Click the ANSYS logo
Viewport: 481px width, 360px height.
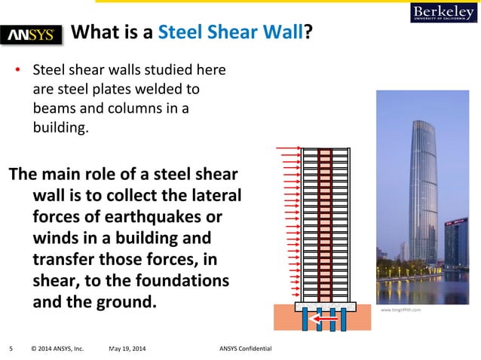(x=34, y=35)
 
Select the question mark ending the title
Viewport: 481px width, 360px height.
(x=309, y=32)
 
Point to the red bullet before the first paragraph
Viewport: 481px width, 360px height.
(x=19, y=72)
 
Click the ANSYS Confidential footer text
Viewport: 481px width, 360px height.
(x=245, y=348)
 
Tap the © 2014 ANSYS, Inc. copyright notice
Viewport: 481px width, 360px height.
(x=57, y=348)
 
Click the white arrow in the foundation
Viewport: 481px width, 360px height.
(x=326, y=319)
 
